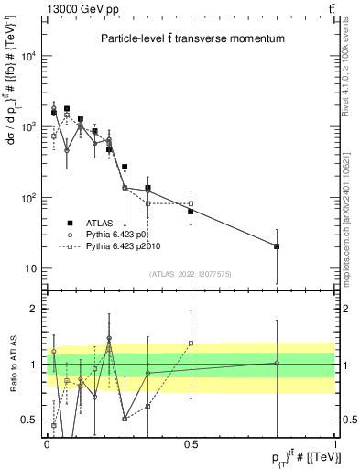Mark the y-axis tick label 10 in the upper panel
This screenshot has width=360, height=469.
[x=31, y=268]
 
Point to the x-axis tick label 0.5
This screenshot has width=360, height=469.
[x=191, y=444]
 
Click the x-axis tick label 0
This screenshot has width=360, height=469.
[x=47, y=444]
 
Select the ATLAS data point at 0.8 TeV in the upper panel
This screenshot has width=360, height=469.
[x=277, y=246]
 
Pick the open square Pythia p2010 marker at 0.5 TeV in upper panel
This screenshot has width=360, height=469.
[x=191, y=203]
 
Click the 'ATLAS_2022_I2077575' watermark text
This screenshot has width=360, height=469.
[x=191, y=273]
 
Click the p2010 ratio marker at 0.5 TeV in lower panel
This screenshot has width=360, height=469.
[x=191, y=343]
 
